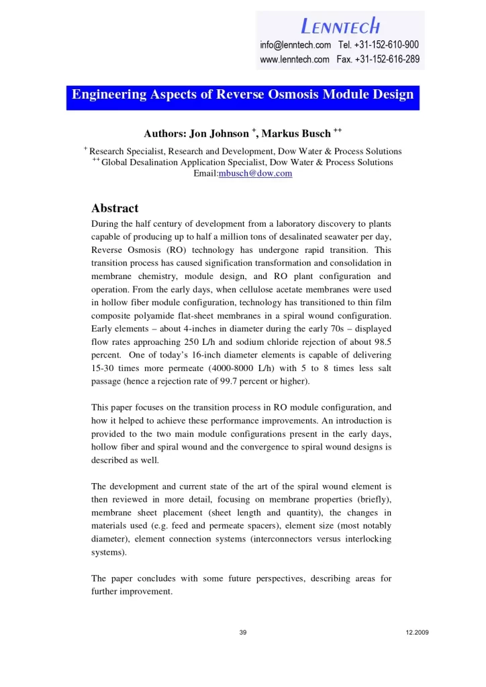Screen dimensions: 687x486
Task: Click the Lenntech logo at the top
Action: coord(340,25)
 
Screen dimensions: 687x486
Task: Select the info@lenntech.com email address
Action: coord(295,45)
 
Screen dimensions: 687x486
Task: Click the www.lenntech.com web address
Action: coord(295,59)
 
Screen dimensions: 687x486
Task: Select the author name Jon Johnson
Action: coord(217,134)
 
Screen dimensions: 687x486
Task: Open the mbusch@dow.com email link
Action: coord(256,173)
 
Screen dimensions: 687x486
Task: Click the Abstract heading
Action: coord(115,208)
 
